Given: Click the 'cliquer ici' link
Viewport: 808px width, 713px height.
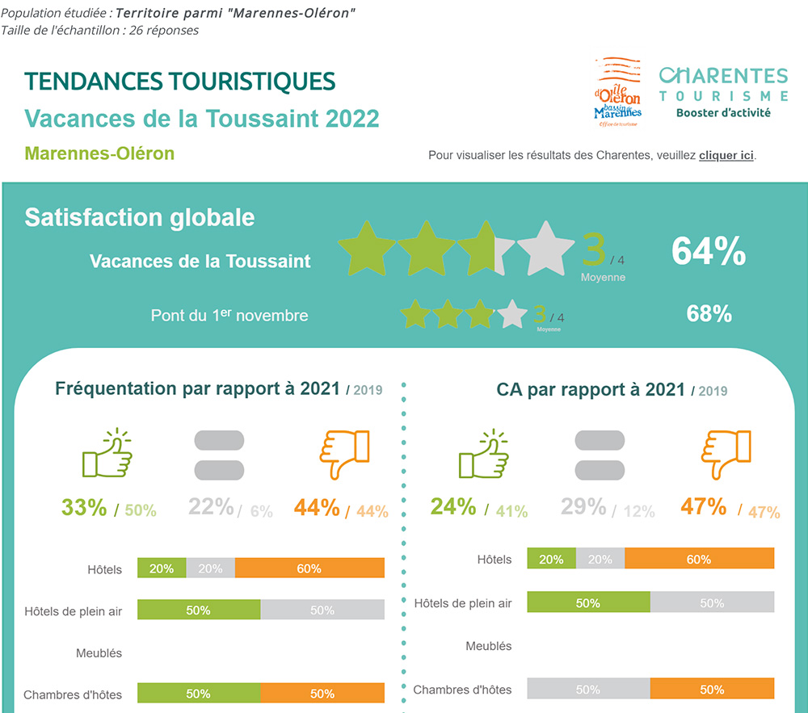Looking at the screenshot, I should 726,155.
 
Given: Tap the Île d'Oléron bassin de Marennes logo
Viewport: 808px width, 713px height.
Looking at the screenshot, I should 617,91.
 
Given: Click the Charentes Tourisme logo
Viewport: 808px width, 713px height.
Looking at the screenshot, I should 723,91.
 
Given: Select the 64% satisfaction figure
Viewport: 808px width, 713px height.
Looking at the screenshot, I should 709,251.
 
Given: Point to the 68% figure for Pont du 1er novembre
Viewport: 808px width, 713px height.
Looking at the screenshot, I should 709,313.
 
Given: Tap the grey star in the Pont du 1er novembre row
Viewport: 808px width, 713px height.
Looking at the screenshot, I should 511,314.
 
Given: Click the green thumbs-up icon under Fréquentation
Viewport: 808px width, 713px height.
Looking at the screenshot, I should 107,454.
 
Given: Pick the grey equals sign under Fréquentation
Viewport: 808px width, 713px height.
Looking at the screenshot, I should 219,455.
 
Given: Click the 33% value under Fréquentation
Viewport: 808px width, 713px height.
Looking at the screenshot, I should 84,508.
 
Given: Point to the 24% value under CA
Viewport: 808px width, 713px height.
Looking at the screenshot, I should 453,506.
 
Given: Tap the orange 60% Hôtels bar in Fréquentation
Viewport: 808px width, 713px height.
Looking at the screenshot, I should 309,568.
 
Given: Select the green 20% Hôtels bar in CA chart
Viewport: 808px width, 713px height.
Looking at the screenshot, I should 551,559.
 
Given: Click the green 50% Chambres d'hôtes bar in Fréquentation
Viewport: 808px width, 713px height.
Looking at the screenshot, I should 199,694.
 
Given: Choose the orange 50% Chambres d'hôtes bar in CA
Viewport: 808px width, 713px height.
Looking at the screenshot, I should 712,690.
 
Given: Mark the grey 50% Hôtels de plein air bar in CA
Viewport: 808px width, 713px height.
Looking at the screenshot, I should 712,603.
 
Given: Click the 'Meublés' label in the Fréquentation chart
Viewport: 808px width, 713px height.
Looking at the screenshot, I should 99,652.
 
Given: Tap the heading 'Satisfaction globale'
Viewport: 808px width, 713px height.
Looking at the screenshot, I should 140,217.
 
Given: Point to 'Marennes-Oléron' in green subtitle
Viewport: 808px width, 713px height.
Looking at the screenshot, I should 99,153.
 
